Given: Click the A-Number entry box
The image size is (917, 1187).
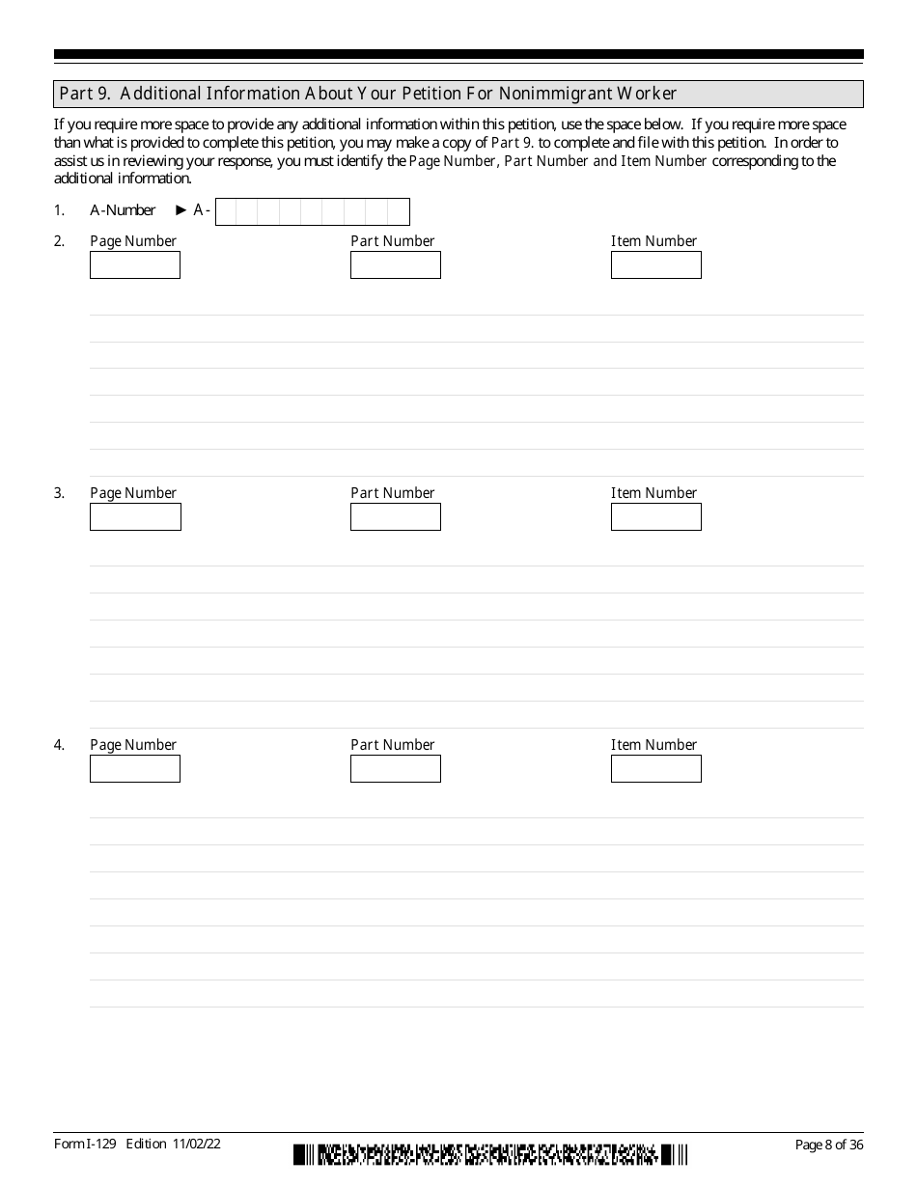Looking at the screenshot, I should pos(313,211).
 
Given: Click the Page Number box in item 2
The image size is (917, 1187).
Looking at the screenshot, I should pos(135,265).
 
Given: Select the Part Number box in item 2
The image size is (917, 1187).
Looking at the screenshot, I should pos(395,265).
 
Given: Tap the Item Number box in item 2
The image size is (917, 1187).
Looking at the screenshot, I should pos(655,265).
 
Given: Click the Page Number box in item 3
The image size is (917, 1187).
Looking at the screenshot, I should pos(135,517).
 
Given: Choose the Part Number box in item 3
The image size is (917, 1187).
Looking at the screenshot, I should pos(395,517).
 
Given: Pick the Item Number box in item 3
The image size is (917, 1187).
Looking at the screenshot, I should pos(655,517).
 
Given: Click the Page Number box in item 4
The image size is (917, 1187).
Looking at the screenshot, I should pos(135,769).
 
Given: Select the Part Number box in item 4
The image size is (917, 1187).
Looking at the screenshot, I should pos(395,769).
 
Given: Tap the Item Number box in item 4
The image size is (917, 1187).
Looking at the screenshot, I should pos(655,769).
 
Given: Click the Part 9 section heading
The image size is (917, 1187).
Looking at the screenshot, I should pos(367,94).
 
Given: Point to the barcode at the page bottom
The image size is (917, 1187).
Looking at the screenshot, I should pos(490,1154).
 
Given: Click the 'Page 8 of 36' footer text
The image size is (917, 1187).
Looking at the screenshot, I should pos(828,1145).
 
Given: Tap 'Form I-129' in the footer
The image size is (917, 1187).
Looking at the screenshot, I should pos(86,1144).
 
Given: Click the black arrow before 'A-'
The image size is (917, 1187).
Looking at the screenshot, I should pos(181,210).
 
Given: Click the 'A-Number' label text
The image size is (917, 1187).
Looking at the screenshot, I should pos(123,210).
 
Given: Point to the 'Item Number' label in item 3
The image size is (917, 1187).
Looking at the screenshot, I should pos(653,493).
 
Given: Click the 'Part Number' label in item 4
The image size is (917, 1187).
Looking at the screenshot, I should pos(392,745).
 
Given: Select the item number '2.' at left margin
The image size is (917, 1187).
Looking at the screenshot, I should pos(59,241).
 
